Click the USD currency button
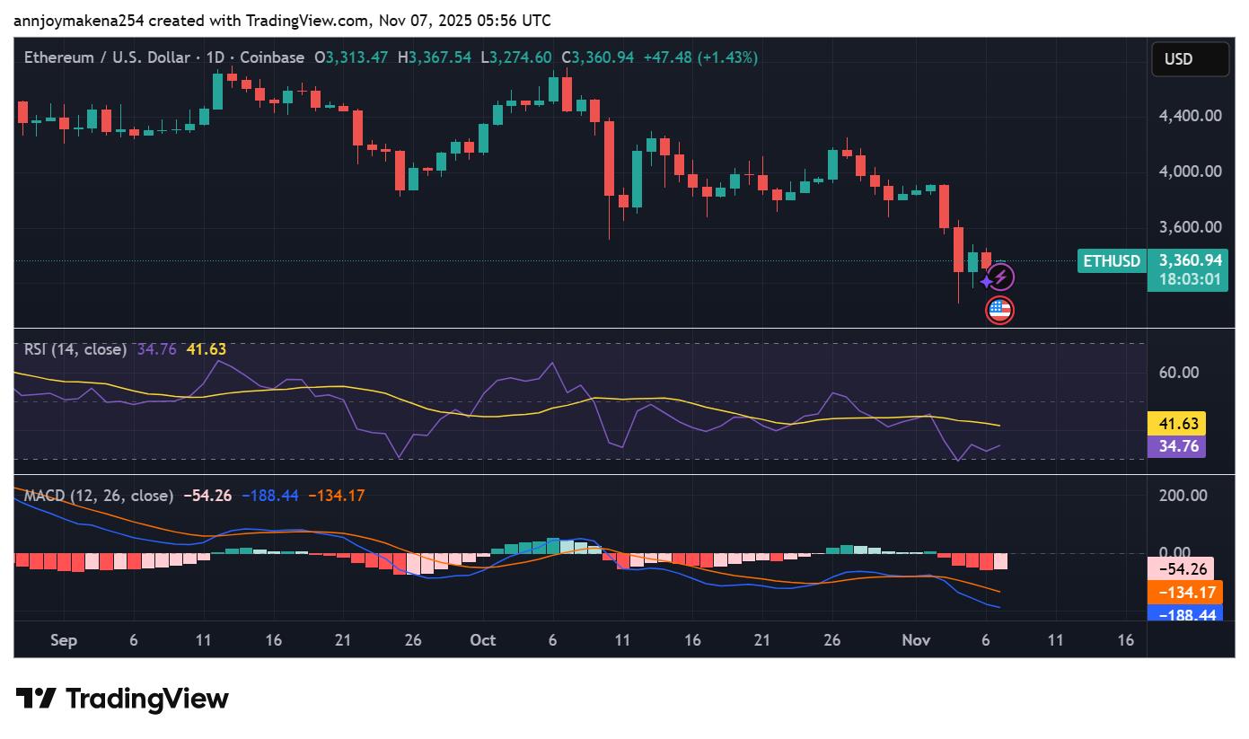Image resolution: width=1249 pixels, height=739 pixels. pyautogui.click(x=1190, y=59)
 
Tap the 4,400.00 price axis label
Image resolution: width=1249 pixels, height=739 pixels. pyautogui.click(x=1190, y=115)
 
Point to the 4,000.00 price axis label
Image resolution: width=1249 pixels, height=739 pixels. pyautogui.click(x=1190, y=171)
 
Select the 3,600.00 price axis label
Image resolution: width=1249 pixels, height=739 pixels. pyautogui.click(x=1190, y=227)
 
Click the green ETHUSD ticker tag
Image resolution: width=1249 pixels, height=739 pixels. pyautogui.click(x=1112, y=261)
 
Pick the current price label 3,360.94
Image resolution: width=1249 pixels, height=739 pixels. pyautogui.click(x=1190, y=260)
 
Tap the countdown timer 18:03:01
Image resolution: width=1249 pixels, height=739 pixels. pyautogui.click(x=1190, y=279)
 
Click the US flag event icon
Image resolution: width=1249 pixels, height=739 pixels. pyautogui.click(x=999, y=311)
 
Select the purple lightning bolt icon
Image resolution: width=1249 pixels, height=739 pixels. pyautogui.click(x=1000, y=277)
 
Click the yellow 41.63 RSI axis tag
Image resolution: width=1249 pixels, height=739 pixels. pyautogui.click(x=1176, y=424)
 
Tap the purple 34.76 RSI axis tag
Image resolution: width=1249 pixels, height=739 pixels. pyautogui.click(x=1176, y=446)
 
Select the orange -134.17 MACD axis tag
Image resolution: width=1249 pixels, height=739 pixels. pyautogui.click(x=1185, y=593)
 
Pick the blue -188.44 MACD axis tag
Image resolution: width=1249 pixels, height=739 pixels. pyautogui.click(x=1185, y=614)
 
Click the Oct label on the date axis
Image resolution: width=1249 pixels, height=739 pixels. pyautogui.click(x=483, y=640)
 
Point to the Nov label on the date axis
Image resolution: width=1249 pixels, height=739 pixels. pyautogui.click(x=916, y=640)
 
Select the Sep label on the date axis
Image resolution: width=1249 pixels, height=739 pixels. pyautogui.click(x=64, y=640)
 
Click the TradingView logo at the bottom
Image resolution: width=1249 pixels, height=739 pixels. pyautogui.click(x=122, y=699)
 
